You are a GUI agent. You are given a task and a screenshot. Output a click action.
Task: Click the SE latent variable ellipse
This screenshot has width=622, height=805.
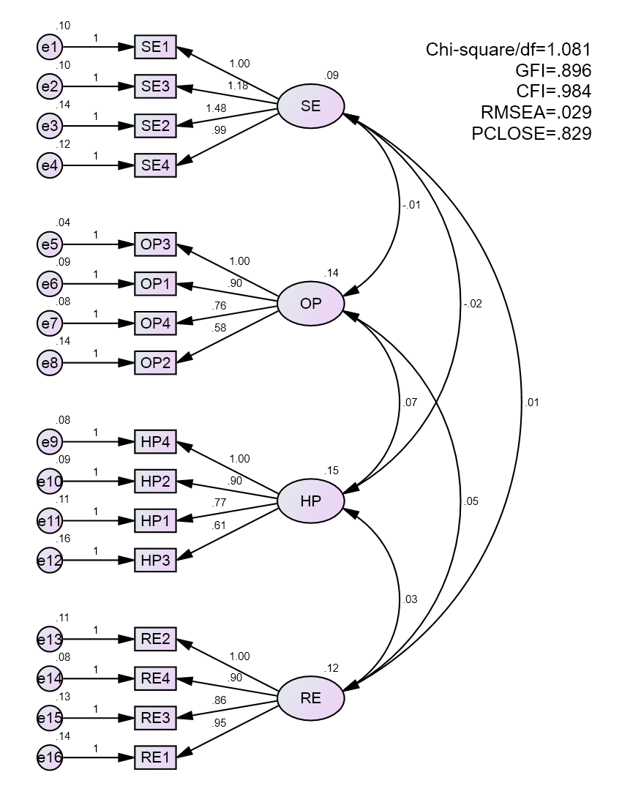[x=310, y=105]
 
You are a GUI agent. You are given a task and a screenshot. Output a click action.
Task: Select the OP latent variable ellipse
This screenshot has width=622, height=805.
[x=310, y=302]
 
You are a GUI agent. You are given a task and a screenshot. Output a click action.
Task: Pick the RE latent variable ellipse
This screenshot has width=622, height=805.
[x=310, y=697]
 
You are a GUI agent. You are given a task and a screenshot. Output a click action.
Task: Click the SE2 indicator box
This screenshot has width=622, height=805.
[x=155, y=126]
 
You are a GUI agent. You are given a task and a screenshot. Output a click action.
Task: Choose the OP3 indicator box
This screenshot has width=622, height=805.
[x=155, y=244]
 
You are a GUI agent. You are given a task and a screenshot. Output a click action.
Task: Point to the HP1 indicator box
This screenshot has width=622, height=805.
[x=155, y=521]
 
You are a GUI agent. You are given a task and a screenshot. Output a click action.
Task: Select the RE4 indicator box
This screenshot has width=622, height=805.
[x=155, y=678]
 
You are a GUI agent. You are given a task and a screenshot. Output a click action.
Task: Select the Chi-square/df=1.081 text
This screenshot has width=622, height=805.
[x=508, y=50]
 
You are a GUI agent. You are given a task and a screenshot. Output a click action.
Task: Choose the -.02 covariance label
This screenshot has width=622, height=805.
[x=472, y=304]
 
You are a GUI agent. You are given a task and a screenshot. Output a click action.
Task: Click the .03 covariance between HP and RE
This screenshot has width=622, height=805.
[x=411, y=600]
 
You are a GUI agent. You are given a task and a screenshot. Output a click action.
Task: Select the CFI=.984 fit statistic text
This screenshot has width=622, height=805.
[x=552, y=91]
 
